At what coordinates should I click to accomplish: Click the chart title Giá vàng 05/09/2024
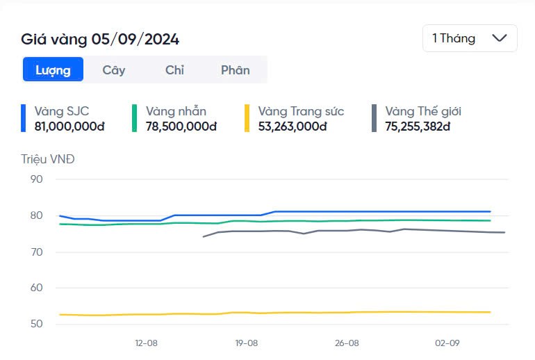(x=100, y=40)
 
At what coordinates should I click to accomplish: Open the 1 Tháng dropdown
(x=470, y=38)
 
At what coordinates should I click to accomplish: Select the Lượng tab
(x=53, y=69)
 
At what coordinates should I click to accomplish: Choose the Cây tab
(x=114, y=69)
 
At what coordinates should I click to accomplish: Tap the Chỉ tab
(x=174, y=69)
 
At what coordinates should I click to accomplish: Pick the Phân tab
(x=235, y=69)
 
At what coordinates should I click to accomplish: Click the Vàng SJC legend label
(x=62, y=111)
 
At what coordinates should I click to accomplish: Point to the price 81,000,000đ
(x=69, y=126)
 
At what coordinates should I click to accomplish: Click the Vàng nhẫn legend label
(x=176, y=111)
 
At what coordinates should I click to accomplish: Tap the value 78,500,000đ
(x=181, y=126)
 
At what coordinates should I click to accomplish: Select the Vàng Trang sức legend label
(x=301, y=111)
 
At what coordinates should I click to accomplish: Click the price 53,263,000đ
(x=293, y=126)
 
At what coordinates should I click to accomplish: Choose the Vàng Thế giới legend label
(x=423, y=111)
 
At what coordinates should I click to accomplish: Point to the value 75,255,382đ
(x=418, y=126)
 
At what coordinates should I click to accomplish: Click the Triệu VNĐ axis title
(x=48, y=159)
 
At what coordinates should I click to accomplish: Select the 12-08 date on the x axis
(x=146, y=343)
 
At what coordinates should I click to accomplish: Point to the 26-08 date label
(x=347, y=343)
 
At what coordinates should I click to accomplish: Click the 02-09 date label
(x=447, y=343)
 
